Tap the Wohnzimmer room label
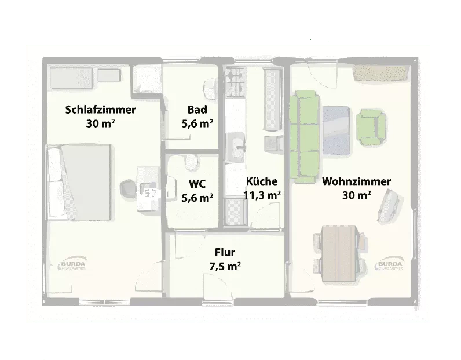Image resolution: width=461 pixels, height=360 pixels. (356, 181)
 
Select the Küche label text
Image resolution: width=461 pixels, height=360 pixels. (261, 181)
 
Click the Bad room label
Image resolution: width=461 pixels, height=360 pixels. (197, 110)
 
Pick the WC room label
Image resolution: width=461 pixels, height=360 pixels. (197, 184)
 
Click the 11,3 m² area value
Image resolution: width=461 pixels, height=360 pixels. (262, 195)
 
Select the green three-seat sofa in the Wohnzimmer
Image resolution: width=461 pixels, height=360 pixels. (305, 136)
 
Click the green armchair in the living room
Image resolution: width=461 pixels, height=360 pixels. (371, 126)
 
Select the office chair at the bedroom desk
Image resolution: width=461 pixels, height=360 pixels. (127, 189)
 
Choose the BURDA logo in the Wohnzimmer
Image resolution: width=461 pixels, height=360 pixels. (389, 266)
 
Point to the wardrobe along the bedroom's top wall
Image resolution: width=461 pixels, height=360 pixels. (69, 76)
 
